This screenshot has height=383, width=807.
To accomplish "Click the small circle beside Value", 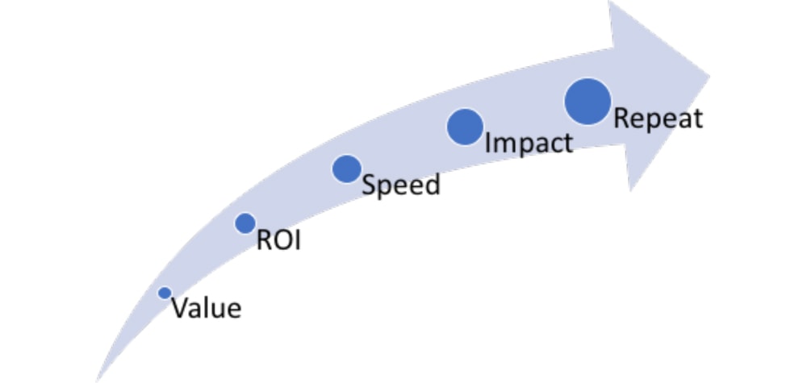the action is point(165,293).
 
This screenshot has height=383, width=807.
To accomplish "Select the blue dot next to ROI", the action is point(245,223).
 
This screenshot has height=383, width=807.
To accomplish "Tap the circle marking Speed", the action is point(347,169).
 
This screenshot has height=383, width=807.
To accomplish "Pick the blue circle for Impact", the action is point(466,127).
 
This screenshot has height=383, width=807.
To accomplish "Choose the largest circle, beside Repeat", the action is point(587,102).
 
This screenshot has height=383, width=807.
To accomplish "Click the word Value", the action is point(207,309).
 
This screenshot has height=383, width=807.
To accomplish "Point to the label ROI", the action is point(278,240).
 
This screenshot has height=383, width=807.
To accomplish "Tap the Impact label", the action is point(529,143).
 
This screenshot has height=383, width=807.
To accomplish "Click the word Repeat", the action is point(659,119).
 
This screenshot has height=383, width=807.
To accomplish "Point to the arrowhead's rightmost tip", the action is point(709,77).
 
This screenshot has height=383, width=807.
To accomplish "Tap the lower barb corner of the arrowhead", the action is point(630,191).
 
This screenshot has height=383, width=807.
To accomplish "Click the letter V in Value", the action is point(181,309).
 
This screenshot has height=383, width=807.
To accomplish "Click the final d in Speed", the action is point(433,185).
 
